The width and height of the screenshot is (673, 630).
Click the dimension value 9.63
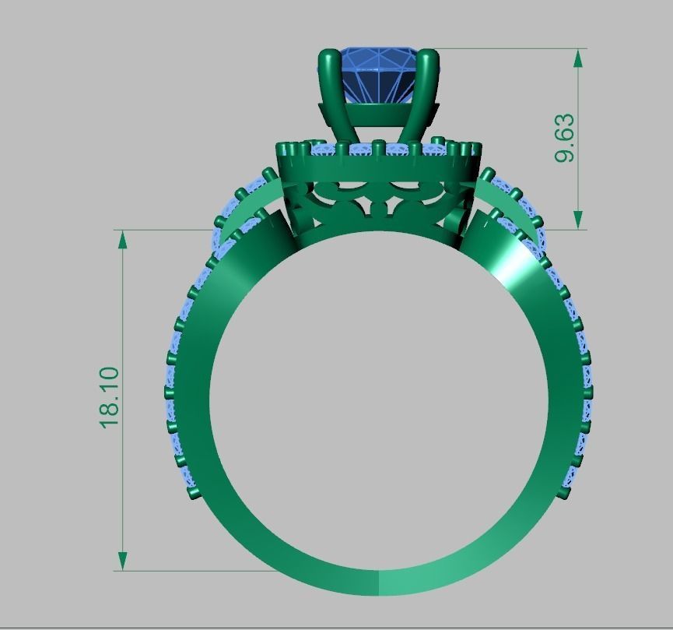pyautogui.click(x=565, y=138)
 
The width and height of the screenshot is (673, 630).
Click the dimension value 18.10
pyautogui.click(x=109, y=396)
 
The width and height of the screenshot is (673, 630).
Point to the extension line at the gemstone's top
pyautogui.click(x=506, y=49)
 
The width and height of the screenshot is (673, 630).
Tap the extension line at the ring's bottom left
pyautogui.click(x=195, y=571)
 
